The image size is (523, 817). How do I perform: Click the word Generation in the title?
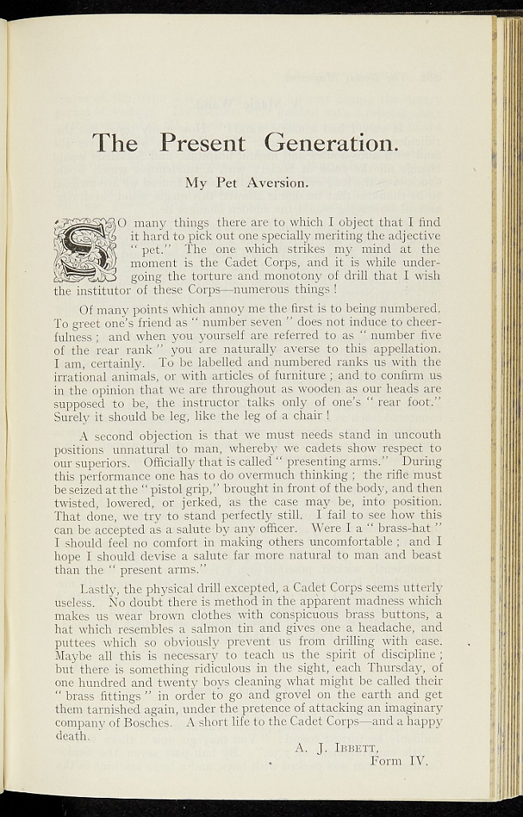[330, 143]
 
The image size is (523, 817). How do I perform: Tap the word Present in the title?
[201, 143]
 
